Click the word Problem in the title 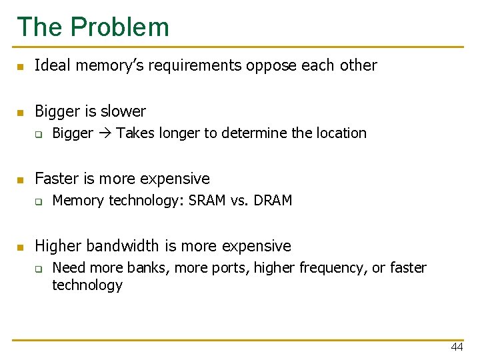[x=120, y=27]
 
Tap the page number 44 [x=457, y=347]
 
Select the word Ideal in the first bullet [x=49, y=65]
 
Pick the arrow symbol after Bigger [x=105, y=133]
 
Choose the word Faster [x=55, y=179]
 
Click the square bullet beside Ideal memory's [x=21, y=67]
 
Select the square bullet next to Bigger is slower [x=21, y=112]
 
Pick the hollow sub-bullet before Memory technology [x=39, y=201]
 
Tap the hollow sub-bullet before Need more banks [x=39, y=269]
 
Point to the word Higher [x=55, y=246]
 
